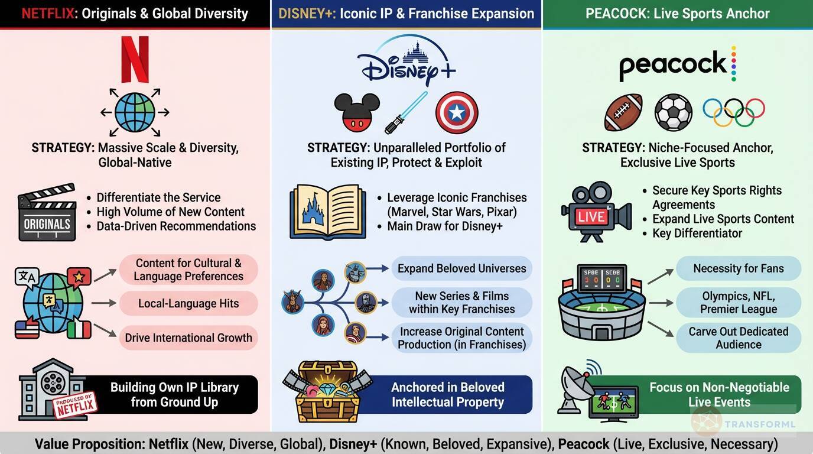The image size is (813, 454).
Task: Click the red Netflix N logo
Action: (135, 59)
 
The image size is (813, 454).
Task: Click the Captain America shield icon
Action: (457, 112)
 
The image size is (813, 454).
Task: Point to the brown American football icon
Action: (623, 112)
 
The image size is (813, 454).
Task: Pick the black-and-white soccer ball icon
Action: (673, 112)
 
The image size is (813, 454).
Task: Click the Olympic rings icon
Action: (733, 112)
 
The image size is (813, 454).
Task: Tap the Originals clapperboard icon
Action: (47, 212)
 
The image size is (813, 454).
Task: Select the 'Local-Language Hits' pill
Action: (188, 304)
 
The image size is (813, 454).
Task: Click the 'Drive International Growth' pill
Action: (188, 338)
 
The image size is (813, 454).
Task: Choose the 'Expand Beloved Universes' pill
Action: (461, 268)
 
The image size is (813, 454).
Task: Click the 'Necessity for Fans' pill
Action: (738, 268)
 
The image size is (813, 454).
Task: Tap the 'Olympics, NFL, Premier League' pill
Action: (738, 303)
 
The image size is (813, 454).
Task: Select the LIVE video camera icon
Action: (593, 212)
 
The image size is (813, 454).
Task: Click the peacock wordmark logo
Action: (674, 66)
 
